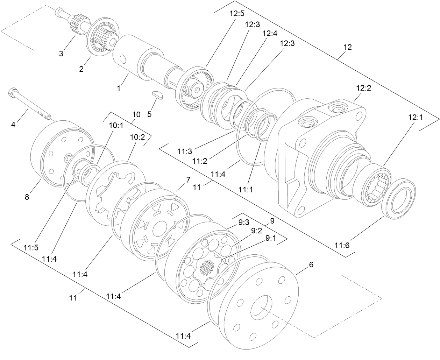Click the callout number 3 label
tap(61, 54)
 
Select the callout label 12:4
tap(269, 33)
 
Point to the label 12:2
tap(363, 88)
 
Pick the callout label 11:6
tap(342, 245)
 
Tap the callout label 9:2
tap(256, 231)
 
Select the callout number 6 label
tap(311, 264)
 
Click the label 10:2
tap(137, 137)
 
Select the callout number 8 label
tap(27, 197)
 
